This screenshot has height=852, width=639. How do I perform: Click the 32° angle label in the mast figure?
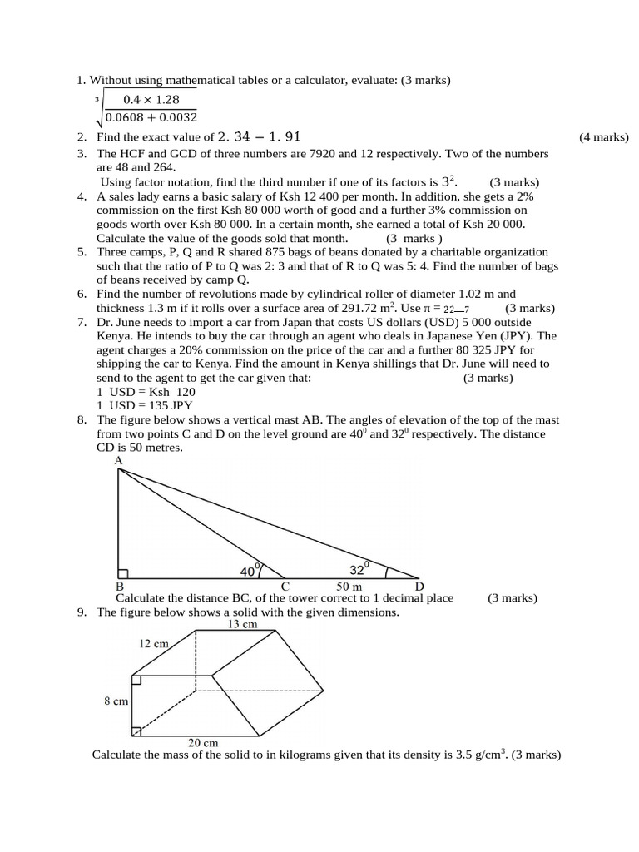[359, 569]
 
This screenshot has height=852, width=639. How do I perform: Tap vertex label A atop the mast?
[118, 461]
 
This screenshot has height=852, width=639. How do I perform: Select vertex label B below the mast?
[120, 586]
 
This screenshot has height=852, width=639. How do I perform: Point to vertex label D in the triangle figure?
[419, 586]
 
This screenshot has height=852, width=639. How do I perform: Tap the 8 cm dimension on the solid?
[116, 701]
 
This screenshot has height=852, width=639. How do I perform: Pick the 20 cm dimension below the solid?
[203, 742]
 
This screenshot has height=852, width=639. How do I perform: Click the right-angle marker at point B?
[123, 573]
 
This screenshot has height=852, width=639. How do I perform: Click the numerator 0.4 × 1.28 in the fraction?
[151, 100]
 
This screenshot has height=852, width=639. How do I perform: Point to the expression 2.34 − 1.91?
[259, 137]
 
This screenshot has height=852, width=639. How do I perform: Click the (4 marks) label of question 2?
[604, 137]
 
